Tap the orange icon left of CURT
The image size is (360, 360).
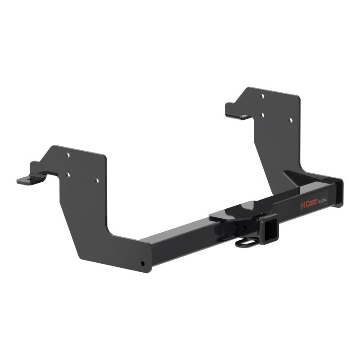[x=302, y=206]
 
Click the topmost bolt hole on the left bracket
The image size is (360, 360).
[x=67, y=155]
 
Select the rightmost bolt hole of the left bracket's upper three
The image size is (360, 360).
[x=96, y=180]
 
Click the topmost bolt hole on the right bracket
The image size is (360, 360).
[x=262, y=96]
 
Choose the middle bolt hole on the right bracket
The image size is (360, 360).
[x=262, y=115]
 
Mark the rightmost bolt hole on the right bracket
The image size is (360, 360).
[x=291, y=120]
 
